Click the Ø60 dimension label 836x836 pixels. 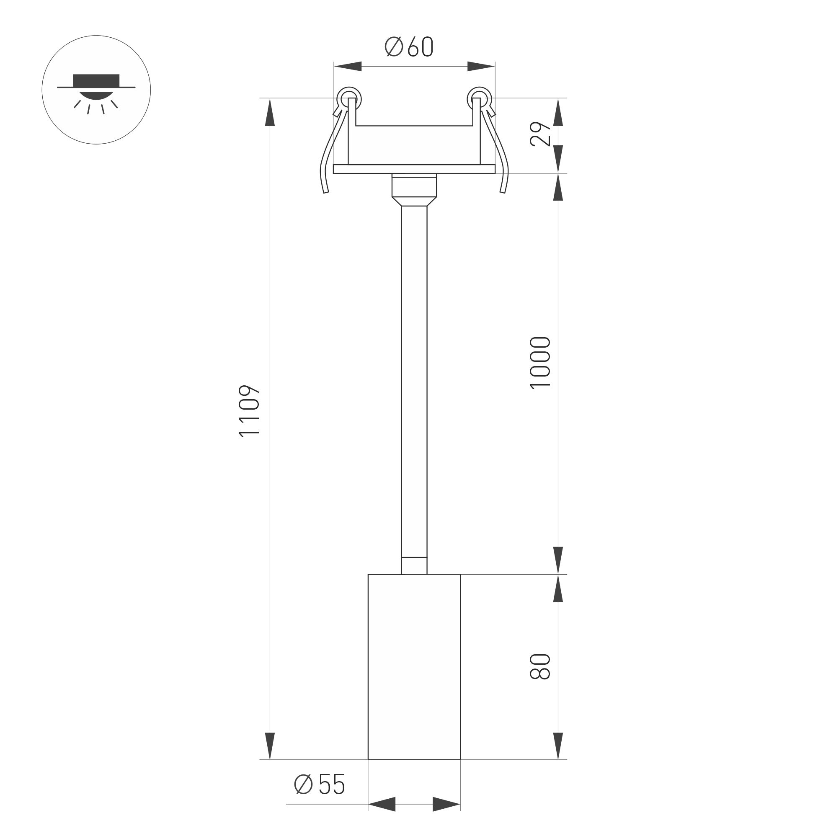pos(408,47)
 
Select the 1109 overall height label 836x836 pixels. pos(249,410)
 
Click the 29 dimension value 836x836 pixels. pos(541,134)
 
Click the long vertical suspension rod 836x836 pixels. pos(414,381)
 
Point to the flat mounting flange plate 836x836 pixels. pos(414,169)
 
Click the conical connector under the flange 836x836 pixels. pos(414,201)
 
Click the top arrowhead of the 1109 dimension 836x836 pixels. pos(270,113)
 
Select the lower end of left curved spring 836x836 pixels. pos(325,191)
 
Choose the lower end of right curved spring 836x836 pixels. pos(503,191)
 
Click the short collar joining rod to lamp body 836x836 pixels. pos(414,566)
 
